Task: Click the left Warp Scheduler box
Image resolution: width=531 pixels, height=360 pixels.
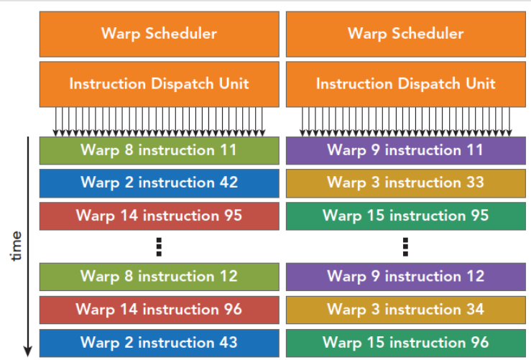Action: [160, 34]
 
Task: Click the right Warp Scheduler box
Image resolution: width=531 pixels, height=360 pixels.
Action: [406, 34]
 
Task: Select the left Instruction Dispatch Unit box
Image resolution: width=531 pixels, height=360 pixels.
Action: [160, 84]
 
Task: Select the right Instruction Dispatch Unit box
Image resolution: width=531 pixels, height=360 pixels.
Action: [406, 84]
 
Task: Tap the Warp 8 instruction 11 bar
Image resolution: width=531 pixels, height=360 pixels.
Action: [160, 151]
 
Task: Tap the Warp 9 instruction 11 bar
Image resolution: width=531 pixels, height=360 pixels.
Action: [406, 151]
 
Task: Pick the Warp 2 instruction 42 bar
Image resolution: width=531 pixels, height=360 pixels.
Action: [160, 183]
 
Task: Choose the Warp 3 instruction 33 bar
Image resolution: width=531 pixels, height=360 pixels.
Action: [406, 183]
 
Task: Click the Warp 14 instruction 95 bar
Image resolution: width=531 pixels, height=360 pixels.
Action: [160, 216]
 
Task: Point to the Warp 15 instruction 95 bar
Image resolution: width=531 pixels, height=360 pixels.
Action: [406, 216]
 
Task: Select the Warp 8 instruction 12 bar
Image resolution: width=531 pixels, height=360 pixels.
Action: [160, 277]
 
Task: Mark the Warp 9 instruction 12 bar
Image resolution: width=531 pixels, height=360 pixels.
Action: [406, 277]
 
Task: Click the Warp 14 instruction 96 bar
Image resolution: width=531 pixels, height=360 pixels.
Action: [160, 310]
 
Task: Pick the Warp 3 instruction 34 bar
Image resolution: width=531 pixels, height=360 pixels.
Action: [406, 310]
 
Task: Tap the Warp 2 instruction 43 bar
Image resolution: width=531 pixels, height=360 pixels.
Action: [160, 343]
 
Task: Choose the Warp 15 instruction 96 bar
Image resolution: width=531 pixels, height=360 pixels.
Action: [406, 343]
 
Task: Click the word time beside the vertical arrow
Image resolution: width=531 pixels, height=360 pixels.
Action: [17, 246]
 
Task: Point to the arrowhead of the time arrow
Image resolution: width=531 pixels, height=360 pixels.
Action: [28, 351]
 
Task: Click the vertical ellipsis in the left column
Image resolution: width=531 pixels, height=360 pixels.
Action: [159, 247]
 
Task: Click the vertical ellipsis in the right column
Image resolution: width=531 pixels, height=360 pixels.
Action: [405, 247]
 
